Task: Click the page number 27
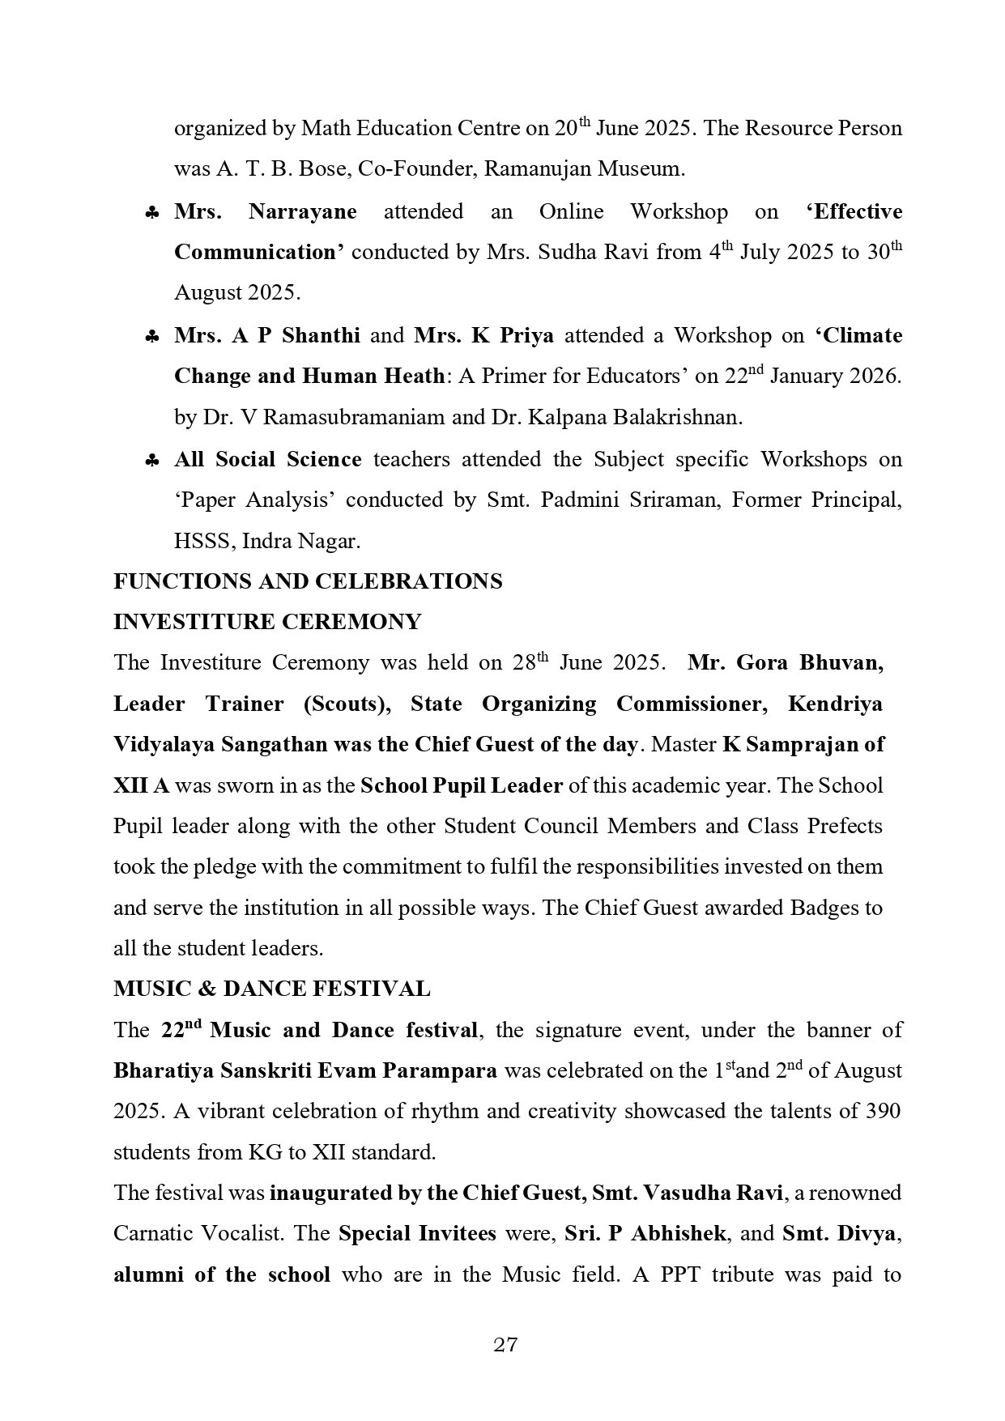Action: click(x=505, y=1346)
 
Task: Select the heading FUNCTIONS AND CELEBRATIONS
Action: click(x=308, y=581)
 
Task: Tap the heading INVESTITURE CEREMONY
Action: click(x=267, y=622)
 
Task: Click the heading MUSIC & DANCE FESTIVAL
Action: click(x=272, y=989)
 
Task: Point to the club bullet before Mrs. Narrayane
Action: click(x=151, y=213)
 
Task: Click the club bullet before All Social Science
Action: click(x=151, y=461)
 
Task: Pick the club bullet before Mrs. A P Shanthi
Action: click(x=151, y=337)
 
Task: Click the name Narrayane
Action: click(x=302, y=212)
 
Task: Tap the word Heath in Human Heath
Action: click(x=413, y=377)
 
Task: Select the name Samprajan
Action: click(x=807, y=744)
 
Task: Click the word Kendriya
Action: click(x=835, y=704)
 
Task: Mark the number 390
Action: click(x=882, y=1111)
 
